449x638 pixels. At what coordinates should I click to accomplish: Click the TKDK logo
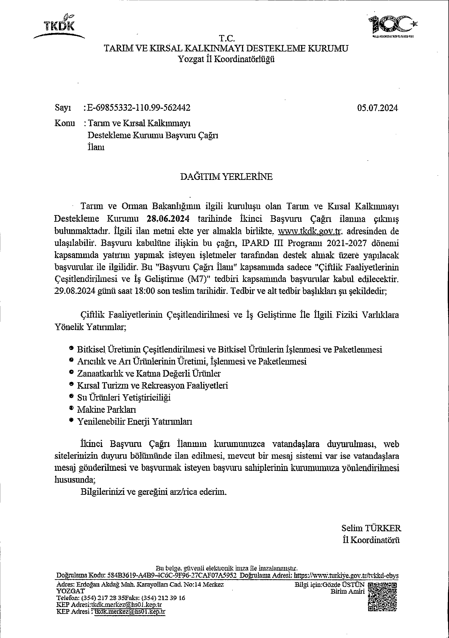pyautogui.click(x=59, y=26)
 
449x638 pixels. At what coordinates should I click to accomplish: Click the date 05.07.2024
pyautogui.click(x=378, y=108)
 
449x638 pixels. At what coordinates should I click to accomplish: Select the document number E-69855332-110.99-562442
pyautogui.click(x=138, y=108)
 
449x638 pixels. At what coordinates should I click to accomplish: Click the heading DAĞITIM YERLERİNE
pyautogui.click(x=226, y=177)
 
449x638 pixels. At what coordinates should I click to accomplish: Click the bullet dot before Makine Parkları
pyautogui.click(x=71, y=408)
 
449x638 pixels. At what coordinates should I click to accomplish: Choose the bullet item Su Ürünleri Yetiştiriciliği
pyautogui.click(x=124, y=397)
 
